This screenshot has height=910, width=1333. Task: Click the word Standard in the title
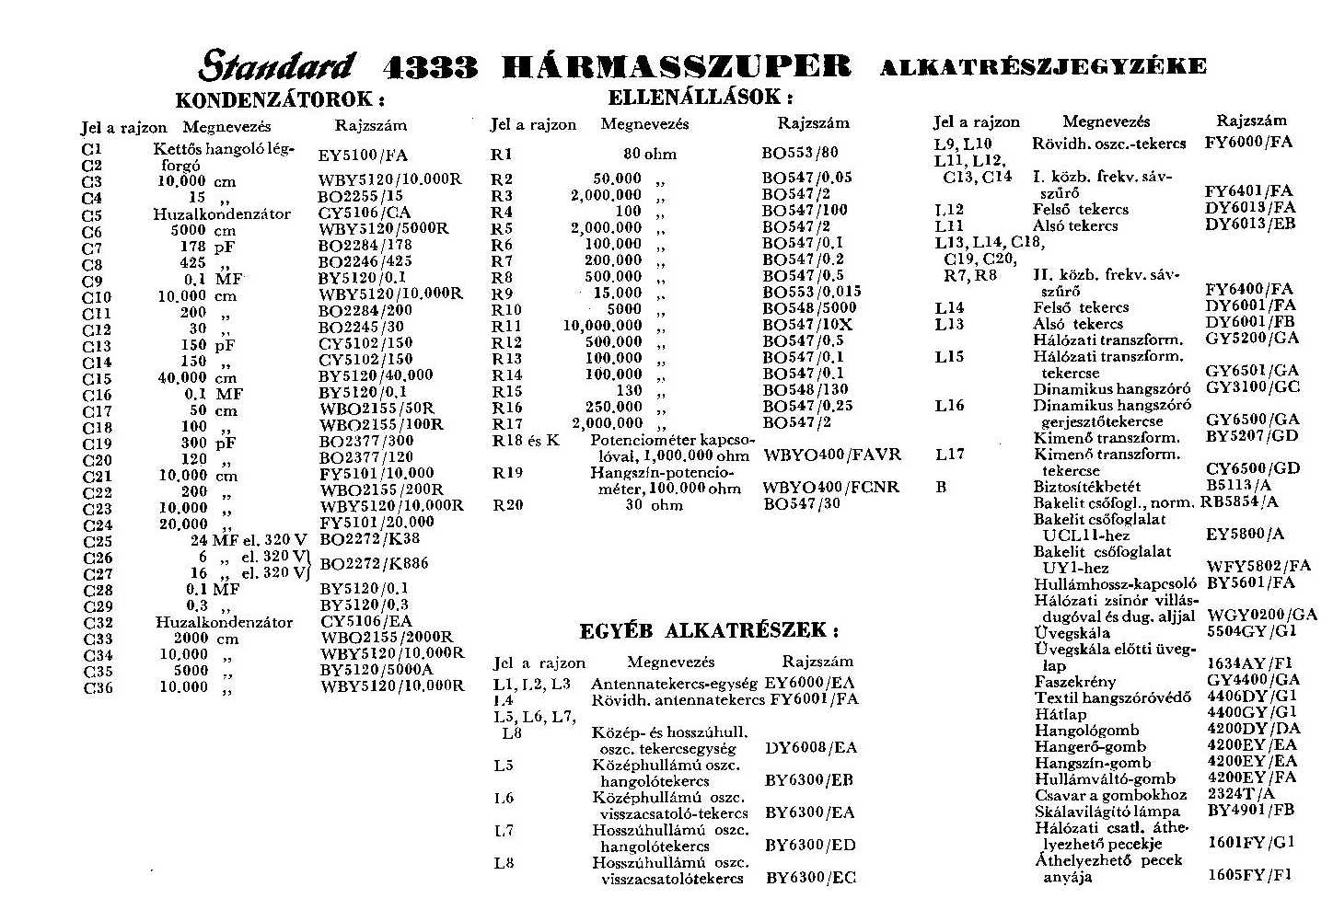(276, 66)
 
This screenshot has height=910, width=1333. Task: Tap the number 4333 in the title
(430, 67)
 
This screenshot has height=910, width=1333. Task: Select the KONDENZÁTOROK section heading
(279, 99)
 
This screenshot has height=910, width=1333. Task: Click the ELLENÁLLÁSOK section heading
(700, 97)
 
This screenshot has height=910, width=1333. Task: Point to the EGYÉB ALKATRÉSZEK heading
(709, 631)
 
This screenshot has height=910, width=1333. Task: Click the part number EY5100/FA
(363, 156)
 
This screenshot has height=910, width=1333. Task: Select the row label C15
(97, 378)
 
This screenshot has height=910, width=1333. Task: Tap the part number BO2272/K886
(374, 563)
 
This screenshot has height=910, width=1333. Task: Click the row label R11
(506, 326)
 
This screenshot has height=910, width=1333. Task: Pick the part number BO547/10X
(807, 325)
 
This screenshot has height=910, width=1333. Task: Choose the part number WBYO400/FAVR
(832, 455)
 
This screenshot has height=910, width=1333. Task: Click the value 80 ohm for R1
(649, 155)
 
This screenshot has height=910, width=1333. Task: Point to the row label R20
(507, 504)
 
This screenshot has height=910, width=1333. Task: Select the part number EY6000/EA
(809, 683)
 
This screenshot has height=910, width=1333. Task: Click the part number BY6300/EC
(810, 878)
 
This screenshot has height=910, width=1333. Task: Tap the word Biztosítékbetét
(1086, 486)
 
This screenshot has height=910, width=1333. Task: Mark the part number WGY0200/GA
(1262, 615)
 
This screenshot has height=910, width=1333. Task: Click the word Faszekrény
(1074, 682)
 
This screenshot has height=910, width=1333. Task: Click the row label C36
(98, 687)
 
